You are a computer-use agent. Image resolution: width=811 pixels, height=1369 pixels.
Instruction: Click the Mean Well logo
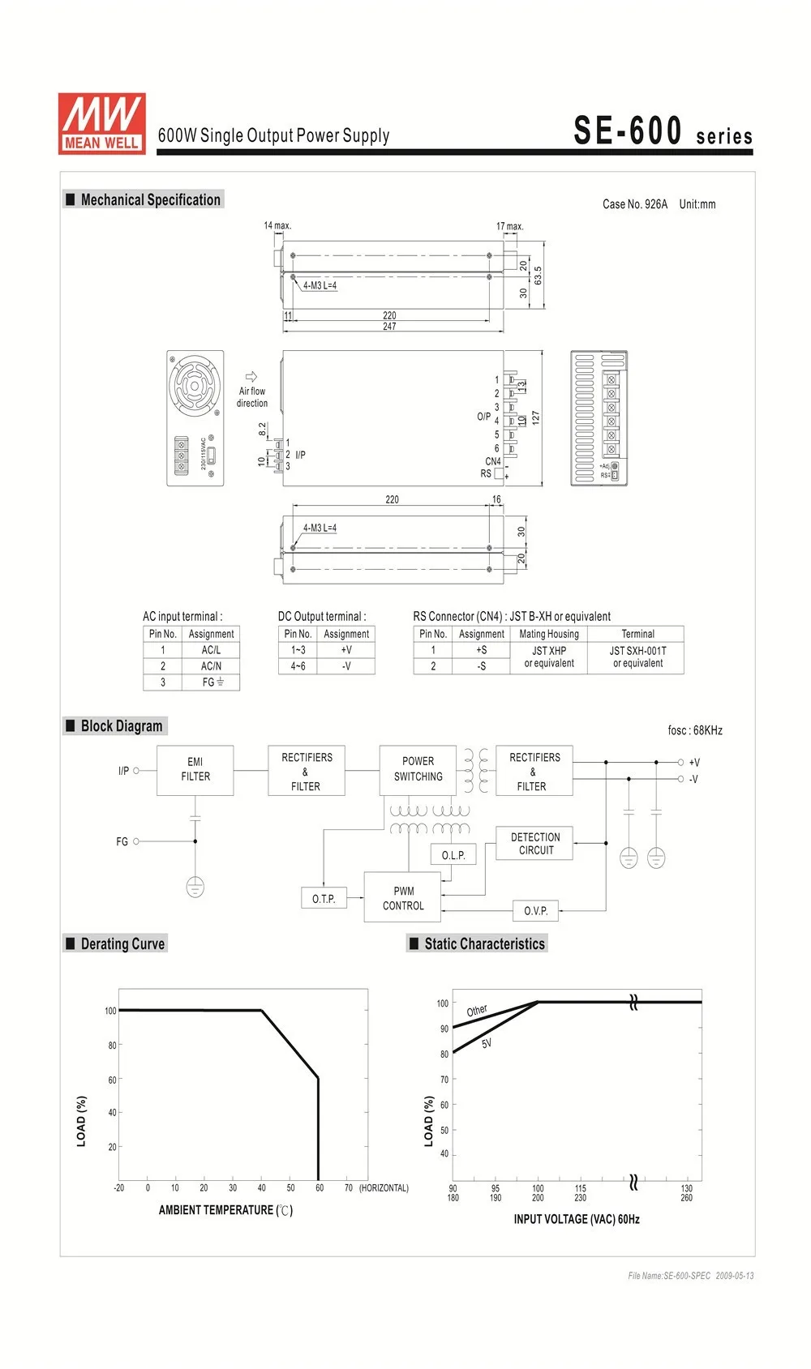tap(101, 123)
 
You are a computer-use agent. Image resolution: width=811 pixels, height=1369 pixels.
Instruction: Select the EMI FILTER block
tap(195, 769)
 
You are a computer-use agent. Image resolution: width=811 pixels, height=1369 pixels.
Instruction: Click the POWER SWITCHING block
tap(418, 769)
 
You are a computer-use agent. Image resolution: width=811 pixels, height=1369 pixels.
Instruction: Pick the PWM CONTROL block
tap(403, 898)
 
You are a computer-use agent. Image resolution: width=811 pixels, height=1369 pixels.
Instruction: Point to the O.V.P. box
tap(535, 911)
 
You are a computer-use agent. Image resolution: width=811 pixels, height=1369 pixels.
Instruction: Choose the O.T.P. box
tap(324, 898)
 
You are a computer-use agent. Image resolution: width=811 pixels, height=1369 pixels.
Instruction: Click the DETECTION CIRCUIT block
tap(535, 844)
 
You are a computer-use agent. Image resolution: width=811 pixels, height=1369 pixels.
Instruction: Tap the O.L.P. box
tap(453, 855)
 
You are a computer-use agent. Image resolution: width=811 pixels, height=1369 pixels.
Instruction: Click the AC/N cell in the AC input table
tap(211, 666)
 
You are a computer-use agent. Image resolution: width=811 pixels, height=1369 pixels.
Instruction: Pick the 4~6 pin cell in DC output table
tap(298, 666)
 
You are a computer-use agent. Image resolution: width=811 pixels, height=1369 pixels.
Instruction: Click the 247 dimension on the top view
tap(389, 327)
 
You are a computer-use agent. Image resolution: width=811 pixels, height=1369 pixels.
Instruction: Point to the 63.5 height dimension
tap(538, 275)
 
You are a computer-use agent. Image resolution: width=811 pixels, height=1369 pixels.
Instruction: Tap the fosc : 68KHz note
tap(695, 730)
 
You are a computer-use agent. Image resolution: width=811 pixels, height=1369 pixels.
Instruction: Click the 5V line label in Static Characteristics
tap(487, 1044)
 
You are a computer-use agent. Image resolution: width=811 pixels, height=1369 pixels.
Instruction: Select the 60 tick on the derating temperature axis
tap(320, 1188)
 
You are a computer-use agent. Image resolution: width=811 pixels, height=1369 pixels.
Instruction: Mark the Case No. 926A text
tap(635, 204)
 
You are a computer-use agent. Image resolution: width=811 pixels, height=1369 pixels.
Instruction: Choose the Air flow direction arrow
tap(251, 377)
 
